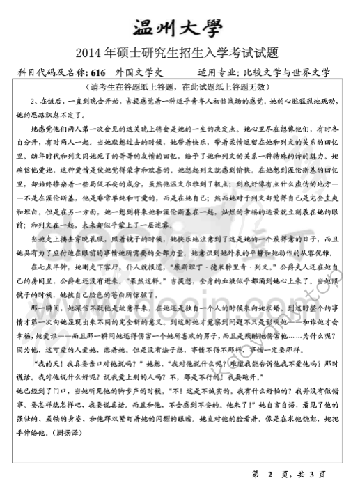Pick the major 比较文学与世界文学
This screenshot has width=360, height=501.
pyautogui.click(x=290, y=72)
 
